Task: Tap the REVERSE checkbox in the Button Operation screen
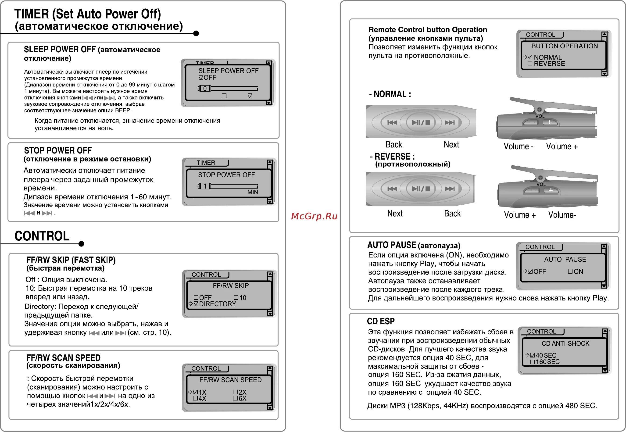pyautogui.click(x=530, y=63)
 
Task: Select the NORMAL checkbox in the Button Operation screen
pyautogui.click(x=530, y=57)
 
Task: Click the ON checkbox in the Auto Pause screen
pyautogui.click(x=570, y=271)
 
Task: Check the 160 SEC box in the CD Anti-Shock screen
pyautogui.click(x=532, y=362)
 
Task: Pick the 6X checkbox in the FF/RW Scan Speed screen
pyautogui.click(x=235, y=398)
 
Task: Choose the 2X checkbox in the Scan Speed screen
pyautogui.click(x=235, y=392)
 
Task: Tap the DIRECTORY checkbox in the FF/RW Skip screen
pyautogui.click(x=196, y=304)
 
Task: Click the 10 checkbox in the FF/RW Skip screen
pyautogui.click(x=236, y=297)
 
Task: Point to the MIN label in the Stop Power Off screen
pyautogui.click(x=253, y=192)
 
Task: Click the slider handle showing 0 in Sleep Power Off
pyautogui.click(x=205, y=89)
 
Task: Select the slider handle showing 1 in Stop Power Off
pyautogui.click(x=205, y=186)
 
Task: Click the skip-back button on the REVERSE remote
pyautogui.click(x=392, y=189)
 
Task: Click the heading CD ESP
pyautogui.click(x=380, y=321)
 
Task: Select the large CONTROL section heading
pyautogui.click(x=42, y=236)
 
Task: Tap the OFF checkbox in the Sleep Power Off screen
pyautogui.click(x=201, y=78)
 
